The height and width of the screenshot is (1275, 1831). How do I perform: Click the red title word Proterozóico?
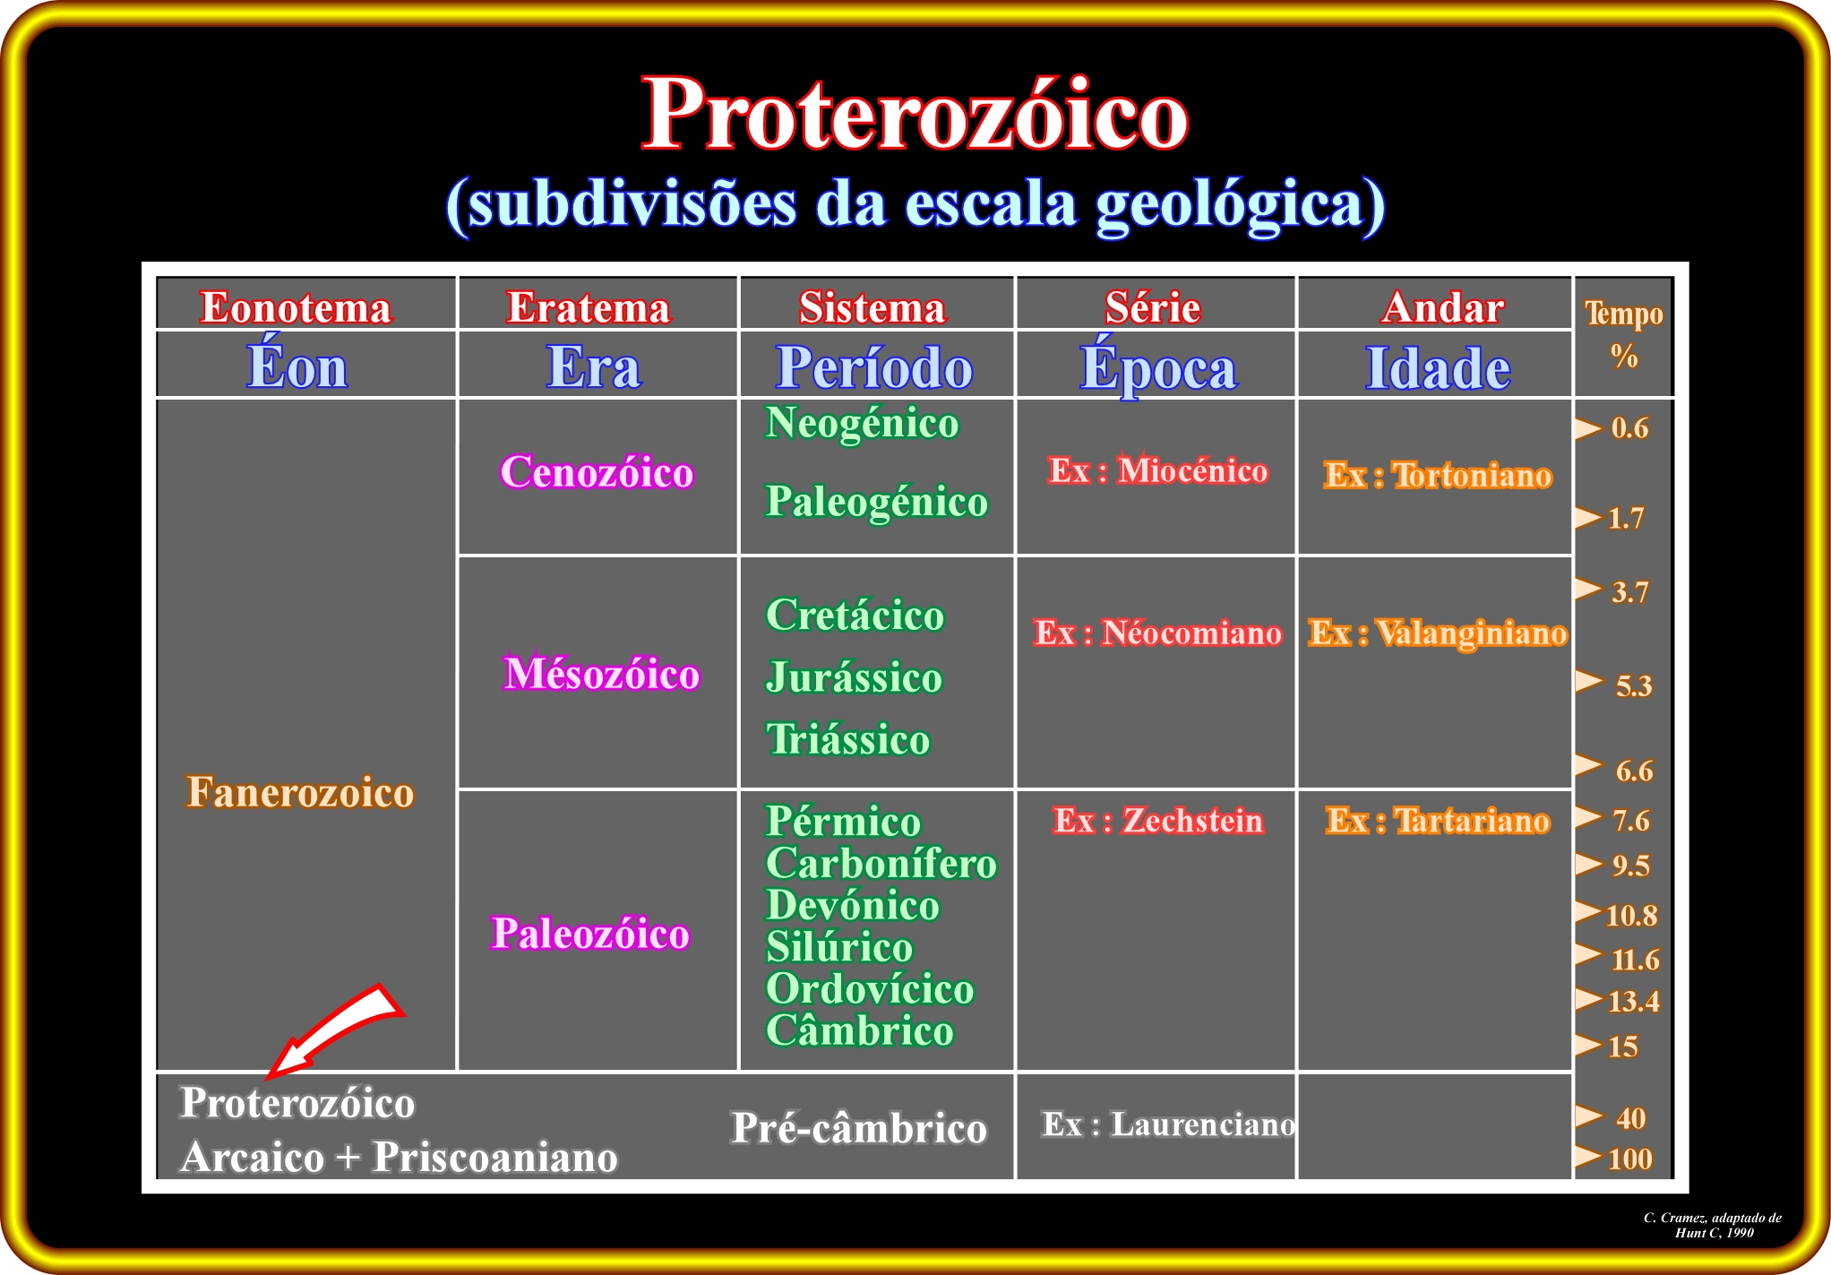(x=915, y=114)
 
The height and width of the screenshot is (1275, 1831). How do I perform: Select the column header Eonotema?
(x=296, y=307)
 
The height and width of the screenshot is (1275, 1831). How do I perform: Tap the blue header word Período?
(x=874, y=367)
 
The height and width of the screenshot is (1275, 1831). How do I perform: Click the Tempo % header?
(x=1624, y=334)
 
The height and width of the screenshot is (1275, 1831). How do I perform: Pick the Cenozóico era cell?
(x=597, y=472)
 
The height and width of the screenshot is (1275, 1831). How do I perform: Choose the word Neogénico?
(x=862, y=424)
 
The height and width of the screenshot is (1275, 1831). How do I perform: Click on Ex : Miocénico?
(x=1158, y=470)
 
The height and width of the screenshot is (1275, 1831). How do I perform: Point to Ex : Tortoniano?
(x=1438, y=475)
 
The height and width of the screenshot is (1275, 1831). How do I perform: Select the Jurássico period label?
(x=854, y=677)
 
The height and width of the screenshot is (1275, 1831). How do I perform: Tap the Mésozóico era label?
(x=601, y=674)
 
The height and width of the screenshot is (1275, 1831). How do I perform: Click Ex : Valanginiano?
(x=1438, y=633)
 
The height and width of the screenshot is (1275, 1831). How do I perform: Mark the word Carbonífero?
(x=881, y=864)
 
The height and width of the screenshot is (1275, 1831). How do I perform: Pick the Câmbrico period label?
(x=860, y=1030)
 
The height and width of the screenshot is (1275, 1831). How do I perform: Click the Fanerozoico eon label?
(x=300, y=793)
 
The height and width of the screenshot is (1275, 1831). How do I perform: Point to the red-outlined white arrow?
(x=336, y=1030)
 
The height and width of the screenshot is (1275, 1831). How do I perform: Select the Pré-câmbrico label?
(x=859, y=1128)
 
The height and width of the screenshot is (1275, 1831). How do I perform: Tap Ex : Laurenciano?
(x=1168, y=1124)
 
